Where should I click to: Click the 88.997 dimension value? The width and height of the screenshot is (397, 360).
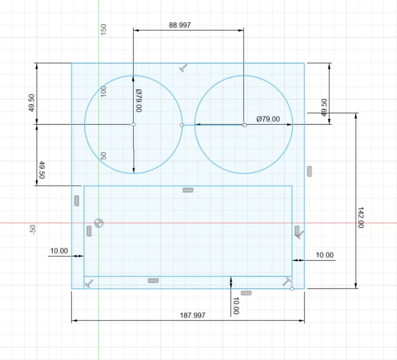180,25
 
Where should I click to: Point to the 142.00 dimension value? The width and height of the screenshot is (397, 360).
361,218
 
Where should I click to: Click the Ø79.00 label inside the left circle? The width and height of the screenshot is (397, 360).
139,100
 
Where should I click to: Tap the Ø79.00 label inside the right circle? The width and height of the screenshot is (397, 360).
268,119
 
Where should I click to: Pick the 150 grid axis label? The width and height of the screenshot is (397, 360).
104,29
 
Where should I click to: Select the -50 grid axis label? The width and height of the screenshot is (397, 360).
33,230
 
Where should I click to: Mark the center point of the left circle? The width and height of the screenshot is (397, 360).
133,124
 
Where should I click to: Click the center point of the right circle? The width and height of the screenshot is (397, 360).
244,124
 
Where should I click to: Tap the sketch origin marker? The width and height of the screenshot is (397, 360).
99,223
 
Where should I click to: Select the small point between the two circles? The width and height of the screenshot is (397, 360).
182,124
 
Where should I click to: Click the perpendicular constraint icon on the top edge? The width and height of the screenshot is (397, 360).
184,68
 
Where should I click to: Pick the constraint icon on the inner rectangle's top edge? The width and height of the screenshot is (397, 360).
188,190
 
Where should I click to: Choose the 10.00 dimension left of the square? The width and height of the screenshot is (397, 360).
59,251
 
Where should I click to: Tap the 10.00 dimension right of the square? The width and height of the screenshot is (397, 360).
325,255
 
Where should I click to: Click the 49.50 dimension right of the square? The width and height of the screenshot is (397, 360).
324,108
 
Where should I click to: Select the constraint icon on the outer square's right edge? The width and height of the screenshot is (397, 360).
309,170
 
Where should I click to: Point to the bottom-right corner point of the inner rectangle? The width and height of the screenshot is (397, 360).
292,289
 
